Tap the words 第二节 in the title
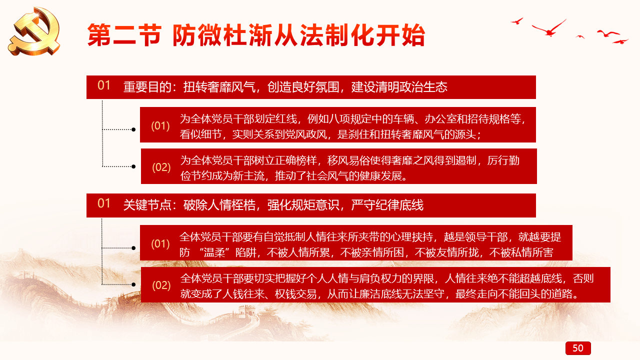point(124,35)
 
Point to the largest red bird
point(549,28)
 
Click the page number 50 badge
point(578,348)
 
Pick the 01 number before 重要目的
point(103,85)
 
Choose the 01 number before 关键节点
point(103,203)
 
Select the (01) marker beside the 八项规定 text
point(160,126)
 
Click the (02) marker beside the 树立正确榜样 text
point(161,167)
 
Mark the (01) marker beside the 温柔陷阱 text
point(160,244)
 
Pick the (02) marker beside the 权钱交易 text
point(161,285)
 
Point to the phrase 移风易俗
point(348,160)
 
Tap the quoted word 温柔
point(214,252)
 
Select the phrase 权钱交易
point(295,293)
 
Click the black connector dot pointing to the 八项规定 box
point(133,129)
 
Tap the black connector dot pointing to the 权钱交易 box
point(133,284)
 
